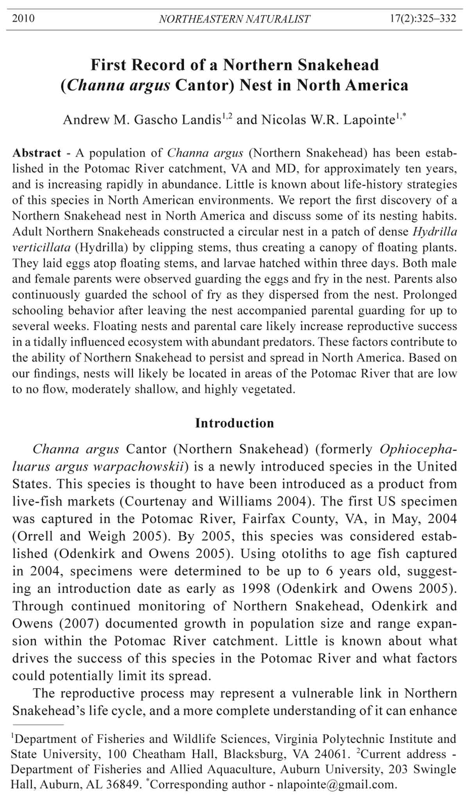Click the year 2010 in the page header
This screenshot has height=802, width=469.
click(x=23, y=18)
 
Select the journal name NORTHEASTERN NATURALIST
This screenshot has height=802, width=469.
click(x=234, y=19)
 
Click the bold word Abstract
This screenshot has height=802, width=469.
click(x=37, y=153)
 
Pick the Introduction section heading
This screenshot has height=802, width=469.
click(x=234, y=423)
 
